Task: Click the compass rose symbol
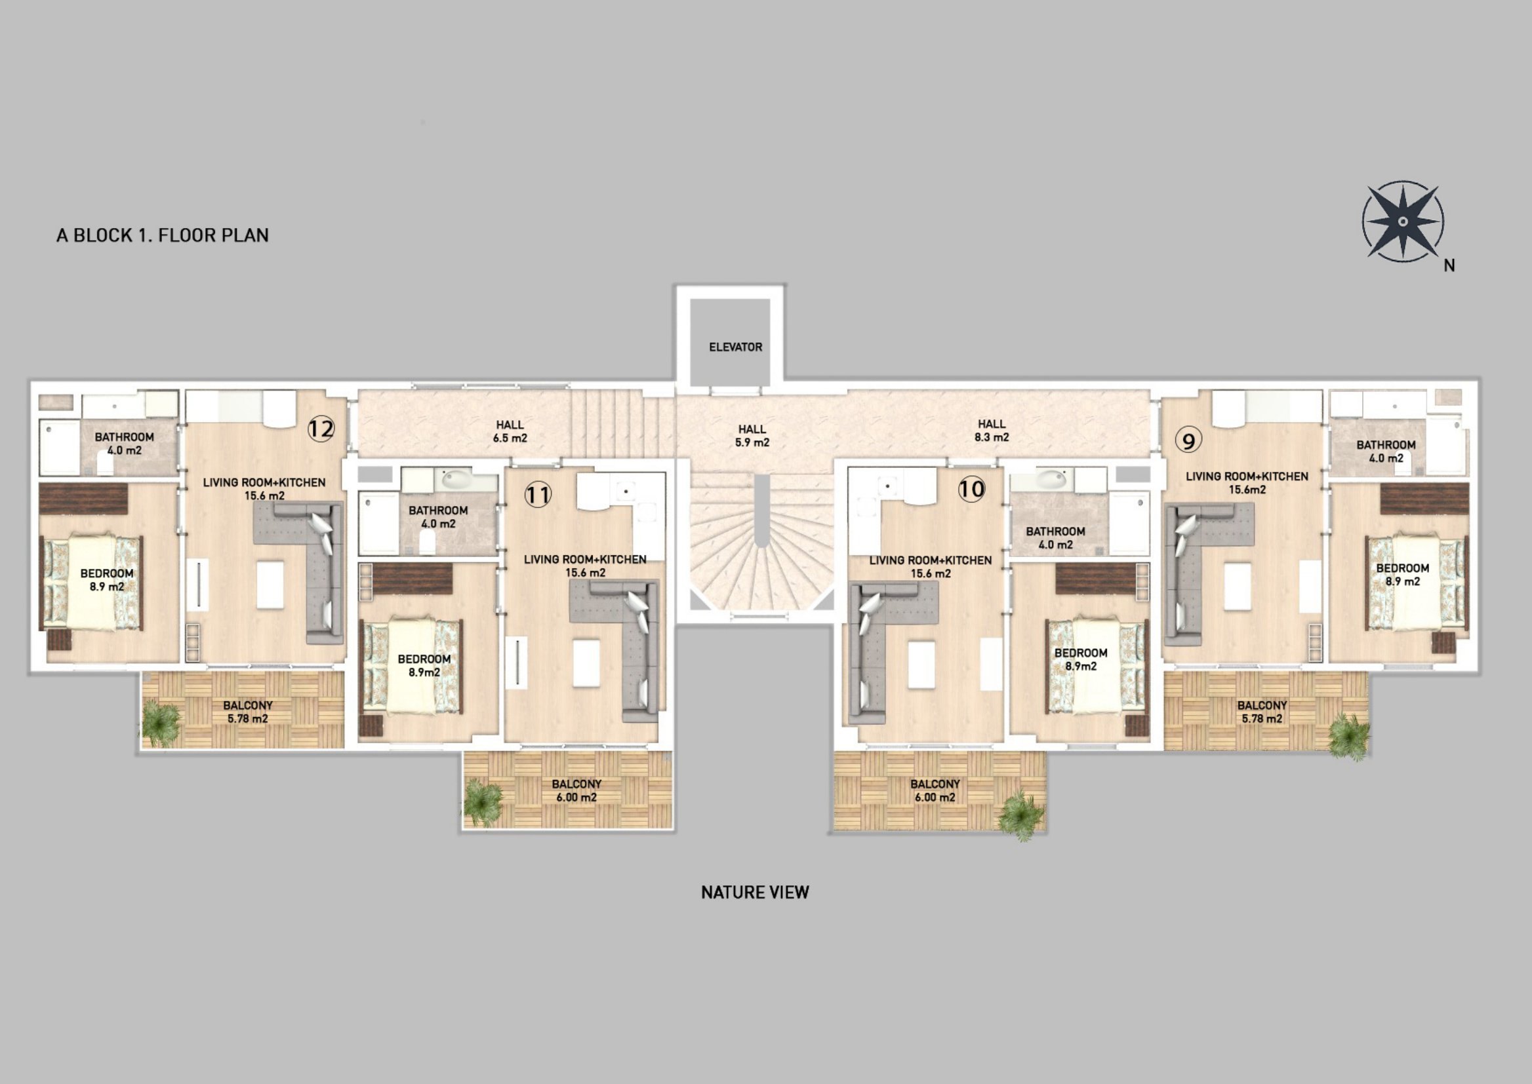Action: click(1402, 221)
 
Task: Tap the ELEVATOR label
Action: click(735, 347)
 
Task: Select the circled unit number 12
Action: click(321, 429)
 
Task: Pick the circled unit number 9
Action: click(1188, 440)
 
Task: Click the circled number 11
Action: click(538, 495)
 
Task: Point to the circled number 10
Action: click(971, 490)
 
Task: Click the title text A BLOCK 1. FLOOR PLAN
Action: click(162, 235)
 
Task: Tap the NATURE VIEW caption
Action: click(755, 893)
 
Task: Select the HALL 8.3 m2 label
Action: click(992, 431)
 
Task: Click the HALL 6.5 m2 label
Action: click(510, 431)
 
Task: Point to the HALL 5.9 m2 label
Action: click(752, 436)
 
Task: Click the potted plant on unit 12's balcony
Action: click(161, 722)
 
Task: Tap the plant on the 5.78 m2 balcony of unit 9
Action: click(1348, 737)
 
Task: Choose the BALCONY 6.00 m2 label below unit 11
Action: click(576, 791)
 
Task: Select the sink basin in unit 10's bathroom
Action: click(1052, 478)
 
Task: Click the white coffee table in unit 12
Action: click(270, 585)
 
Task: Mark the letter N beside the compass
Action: click(1449, 265)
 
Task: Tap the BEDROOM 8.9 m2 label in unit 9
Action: click(1402, 575)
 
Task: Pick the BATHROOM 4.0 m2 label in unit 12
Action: click(124, 443)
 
